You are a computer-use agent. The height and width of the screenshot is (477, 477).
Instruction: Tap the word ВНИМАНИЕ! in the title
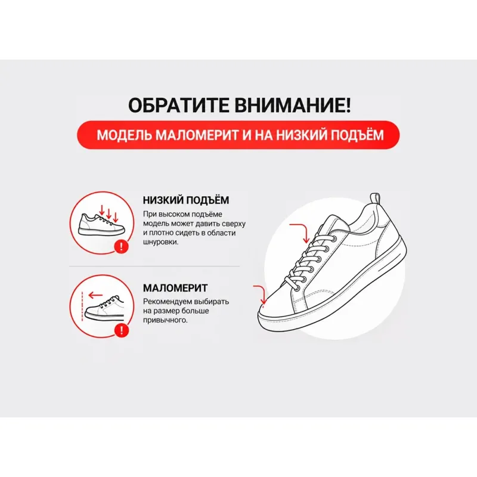click(292, 105)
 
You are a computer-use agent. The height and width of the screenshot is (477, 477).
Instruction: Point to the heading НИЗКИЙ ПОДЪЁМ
click(186, 200)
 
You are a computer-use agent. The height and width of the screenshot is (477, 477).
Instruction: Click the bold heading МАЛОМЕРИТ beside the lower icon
click(175, 288)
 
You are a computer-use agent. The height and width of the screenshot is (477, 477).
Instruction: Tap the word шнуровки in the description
click(160, 243)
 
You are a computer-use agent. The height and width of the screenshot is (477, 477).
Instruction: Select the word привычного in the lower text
click(165, 320)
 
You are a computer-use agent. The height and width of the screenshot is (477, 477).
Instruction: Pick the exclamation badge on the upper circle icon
click(122, 246)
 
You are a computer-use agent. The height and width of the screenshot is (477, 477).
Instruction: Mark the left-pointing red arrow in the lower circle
click(95, 295)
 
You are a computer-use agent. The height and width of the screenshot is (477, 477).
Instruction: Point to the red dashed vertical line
click(82, 306)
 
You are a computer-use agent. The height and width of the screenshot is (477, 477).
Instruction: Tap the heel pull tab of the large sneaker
click(375, 199)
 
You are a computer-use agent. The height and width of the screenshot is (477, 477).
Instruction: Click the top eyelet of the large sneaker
click(334, 238)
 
